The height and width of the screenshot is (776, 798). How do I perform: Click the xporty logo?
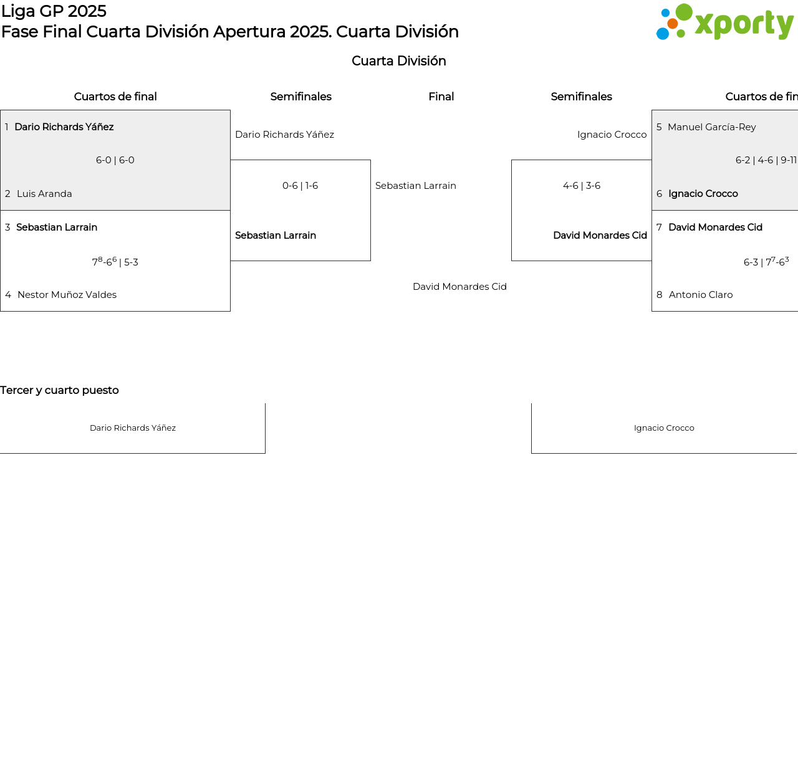click(x=724, y=22)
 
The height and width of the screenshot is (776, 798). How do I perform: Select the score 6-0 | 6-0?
click(x=115, y=160)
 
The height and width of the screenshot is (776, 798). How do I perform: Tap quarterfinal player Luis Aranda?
click(x=44, y=193)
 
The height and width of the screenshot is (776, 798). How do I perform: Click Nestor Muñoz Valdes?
click(x=67, y=294)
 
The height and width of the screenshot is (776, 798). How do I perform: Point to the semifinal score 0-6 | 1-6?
click(x=300, y=186)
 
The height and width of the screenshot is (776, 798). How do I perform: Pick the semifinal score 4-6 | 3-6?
click(x=582, y=186)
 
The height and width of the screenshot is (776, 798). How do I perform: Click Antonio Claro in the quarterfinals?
click(x=700, y=294)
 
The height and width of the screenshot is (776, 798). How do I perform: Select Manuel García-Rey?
click(x=711, y=127)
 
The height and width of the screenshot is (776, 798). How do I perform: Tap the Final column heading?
click(x=441, y=97)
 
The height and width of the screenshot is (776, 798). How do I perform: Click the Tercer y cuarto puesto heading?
click(x=59, y=390)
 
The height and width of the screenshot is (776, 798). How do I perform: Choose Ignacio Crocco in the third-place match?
click(x=664, y=428)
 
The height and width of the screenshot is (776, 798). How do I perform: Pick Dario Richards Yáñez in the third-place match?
click(x=133, y=428)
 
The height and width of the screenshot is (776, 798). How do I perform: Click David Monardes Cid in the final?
click(x=459, y=287)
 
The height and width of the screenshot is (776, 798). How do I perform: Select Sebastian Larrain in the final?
click(x=415, y=186)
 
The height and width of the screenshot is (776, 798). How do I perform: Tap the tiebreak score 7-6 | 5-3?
click(x=115, y=261)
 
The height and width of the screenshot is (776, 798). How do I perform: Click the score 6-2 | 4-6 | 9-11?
click(x=766, y=160)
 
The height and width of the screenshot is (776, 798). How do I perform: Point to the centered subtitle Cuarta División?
click(x=398, y=60)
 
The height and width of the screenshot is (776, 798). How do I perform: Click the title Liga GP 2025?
click(x=54, y=11)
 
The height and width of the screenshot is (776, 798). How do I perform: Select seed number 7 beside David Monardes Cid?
click(x=659, y=227)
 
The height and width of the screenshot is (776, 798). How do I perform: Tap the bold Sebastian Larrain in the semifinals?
click(x=276, y=236)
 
